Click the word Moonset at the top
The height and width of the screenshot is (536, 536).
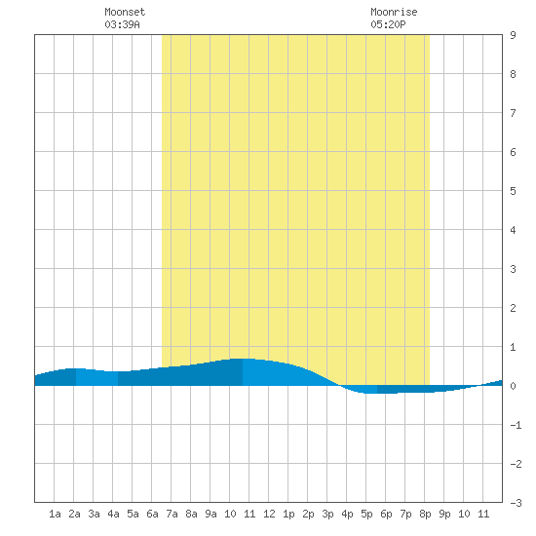click(x=125, y=12)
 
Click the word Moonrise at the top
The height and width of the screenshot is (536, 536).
click(x=394, y=12)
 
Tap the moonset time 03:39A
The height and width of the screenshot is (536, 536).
click(x=122, y=24)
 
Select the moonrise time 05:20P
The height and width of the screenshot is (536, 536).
click(x=388, y=24)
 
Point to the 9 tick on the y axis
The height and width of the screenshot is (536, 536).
click(x=513, y=35)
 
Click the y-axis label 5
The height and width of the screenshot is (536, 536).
click(x=513, y=191)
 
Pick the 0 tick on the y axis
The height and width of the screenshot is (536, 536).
click(x=513, y=386)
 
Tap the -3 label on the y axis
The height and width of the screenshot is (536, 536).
click(x=516, y=503)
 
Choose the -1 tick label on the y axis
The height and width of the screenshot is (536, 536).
click(x=516, y=425)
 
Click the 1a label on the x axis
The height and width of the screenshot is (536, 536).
click(x=55, y=514)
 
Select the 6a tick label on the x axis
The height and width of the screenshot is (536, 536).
click(x=152, y=514)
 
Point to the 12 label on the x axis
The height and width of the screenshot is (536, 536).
click(x=269, y=514)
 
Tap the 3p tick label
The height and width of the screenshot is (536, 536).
click(x=327, y=514)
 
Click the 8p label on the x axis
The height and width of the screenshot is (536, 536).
click(x=425, y=514)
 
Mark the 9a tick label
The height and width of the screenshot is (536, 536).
click(x=211, y=514)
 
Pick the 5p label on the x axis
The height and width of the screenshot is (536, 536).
click(x=366, y=514)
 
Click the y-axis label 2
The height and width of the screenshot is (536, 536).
click(x=513, y=308)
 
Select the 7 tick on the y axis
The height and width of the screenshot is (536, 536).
click(x=513, y=113)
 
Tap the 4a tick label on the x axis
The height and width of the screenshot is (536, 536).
click(x=113, y=514)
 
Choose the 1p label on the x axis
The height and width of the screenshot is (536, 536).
click(x=288, y=514)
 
